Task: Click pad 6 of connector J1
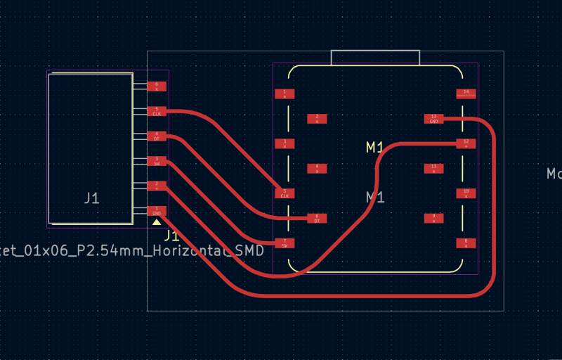(156, 86)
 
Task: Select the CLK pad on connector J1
(156, 111)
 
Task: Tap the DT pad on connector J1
(156, 136)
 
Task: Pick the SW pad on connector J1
(156, 161)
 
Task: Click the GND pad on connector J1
(156, 211)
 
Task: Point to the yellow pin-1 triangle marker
(156, 222)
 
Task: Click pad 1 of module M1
(285, 94)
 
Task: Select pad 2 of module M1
(317, 118)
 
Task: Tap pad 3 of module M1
(285, 143)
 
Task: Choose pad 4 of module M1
(317, 168)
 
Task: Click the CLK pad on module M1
(285, 193)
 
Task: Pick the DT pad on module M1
(317, 218)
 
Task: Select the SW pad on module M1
(285, 243)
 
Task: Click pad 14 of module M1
(466, 94)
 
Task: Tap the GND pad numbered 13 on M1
(433, 118)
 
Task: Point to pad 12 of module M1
(466, 143)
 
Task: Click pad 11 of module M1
(433, 168)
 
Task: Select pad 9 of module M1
(433, 218)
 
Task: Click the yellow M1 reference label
(375, 147)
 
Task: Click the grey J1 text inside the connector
(91, 198)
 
